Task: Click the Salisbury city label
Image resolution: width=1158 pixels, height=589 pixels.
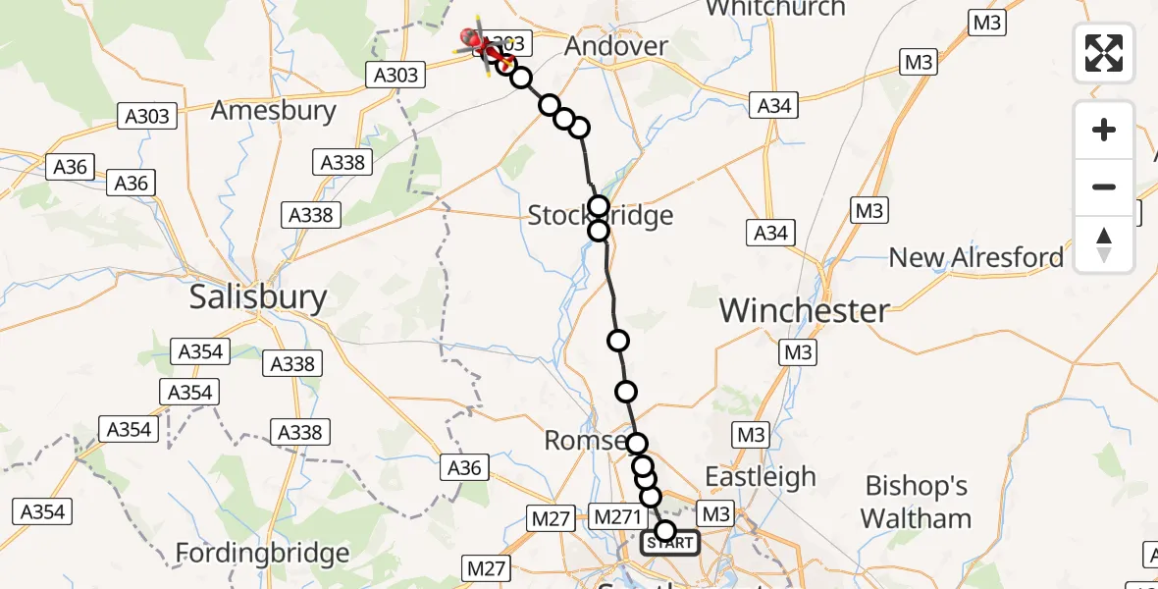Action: coord(258,296)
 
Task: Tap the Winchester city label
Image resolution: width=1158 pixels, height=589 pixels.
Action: coord(805,310)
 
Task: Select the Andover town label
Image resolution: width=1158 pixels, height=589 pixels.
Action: coord(617,46)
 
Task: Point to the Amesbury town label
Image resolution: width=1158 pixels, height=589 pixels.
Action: coord(274,109)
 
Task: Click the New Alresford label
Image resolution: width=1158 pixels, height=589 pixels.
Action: coord(975,257)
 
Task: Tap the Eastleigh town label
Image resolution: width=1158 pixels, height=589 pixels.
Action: coord(761,477)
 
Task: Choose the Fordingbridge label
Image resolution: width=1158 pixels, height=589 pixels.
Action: coord(262,554)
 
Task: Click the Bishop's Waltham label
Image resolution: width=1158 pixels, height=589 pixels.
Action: coord(917,502)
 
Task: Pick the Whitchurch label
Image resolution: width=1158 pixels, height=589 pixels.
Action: coord(774,9)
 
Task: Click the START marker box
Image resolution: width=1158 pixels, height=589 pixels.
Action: coord(670,543)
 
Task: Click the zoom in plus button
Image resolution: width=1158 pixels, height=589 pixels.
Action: coord(1104,131)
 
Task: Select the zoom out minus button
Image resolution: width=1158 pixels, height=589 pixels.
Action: coord(1104,187)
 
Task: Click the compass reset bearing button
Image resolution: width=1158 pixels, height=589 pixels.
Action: coord(1104,243)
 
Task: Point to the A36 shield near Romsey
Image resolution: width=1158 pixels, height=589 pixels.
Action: coord(464,468)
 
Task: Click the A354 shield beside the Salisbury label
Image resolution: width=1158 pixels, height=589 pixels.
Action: coord(201,351)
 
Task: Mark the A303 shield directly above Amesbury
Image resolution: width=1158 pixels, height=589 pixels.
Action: coord(147,117)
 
